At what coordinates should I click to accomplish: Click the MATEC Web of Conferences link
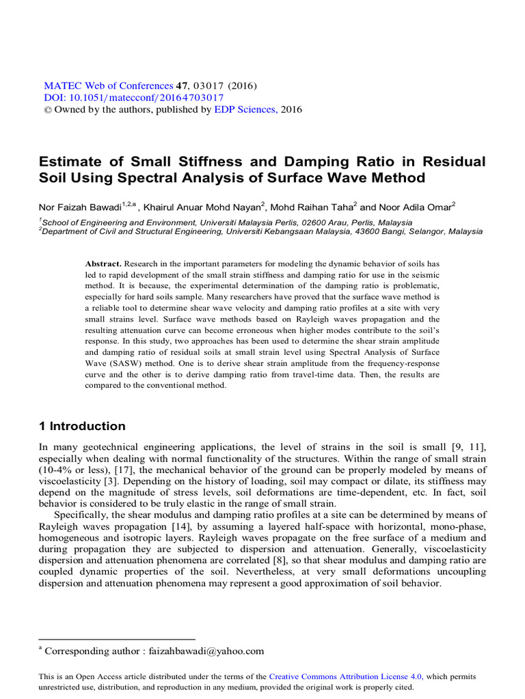[109, 86]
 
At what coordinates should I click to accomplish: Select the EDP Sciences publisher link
[246, 109]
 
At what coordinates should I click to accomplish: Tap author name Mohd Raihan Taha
[312, 205]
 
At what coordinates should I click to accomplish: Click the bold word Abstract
[103, 263]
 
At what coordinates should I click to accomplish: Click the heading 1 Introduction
[82, 427]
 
